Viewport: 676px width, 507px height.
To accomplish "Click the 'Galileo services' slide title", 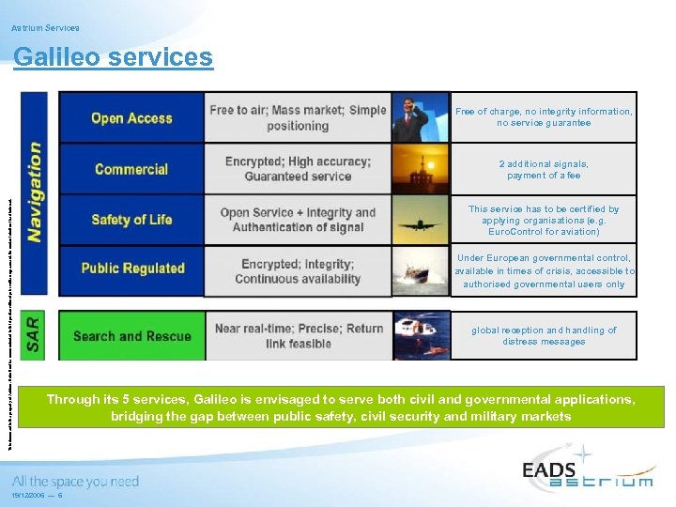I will [x=113, y=57].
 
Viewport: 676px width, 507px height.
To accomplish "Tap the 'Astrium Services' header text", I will [x=45, y=28].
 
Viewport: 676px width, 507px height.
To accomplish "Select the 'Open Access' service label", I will [x=131, y=118].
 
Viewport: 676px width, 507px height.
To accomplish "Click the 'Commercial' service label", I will [x=131, y=169].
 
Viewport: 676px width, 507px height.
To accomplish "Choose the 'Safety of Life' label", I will [x=131, y=220].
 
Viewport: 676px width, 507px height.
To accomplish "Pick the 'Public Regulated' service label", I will [x=132, y=268].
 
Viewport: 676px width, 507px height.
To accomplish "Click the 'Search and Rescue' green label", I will [x=131, y=336].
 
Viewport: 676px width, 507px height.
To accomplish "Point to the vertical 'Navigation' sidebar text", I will [x=36, y=192].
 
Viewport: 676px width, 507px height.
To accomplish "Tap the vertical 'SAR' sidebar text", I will [x=34, y=335].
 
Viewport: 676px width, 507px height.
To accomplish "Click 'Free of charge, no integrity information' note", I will [x=544, y=117].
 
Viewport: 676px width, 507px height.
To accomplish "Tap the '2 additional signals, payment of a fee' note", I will [x=544, y=169].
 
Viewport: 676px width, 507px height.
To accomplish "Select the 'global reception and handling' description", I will [x=544, y=336].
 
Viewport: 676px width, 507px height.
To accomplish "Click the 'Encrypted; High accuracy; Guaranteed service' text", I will [x=298, y=169].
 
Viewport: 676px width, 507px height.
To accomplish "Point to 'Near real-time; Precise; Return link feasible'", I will [x=299, y=336].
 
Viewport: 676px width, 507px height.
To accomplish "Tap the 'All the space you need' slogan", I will [x=75, y=482].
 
